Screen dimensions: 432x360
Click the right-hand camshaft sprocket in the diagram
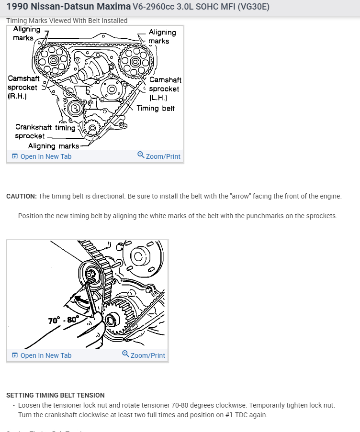53,60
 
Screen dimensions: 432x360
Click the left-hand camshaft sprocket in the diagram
135,61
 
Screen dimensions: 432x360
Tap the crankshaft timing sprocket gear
91,128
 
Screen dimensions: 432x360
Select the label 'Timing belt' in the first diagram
156,108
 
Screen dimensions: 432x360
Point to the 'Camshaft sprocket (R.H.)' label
23,87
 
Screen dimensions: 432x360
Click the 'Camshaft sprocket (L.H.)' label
165,89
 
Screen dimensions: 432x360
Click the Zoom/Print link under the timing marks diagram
159,156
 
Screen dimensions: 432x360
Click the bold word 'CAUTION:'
22,197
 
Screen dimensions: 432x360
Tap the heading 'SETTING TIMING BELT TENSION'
56,395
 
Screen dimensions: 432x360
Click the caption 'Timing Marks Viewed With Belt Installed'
67,21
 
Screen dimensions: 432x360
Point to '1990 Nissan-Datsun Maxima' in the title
68,7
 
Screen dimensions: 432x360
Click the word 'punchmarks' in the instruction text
265,216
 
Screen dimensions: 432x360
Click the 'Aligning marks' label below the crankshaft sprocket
54,146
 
